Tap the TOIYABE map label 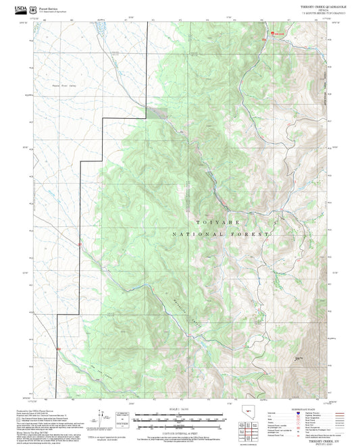coord(217,221)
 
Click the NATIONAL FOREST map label coord(222,234)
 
